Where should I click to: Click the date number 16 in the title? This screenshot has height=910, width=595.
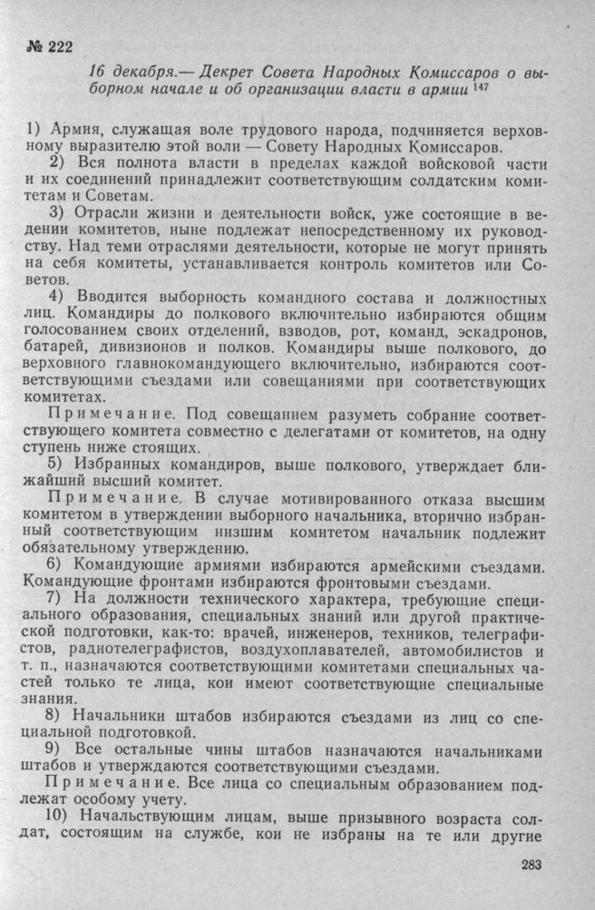(100, 72)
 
